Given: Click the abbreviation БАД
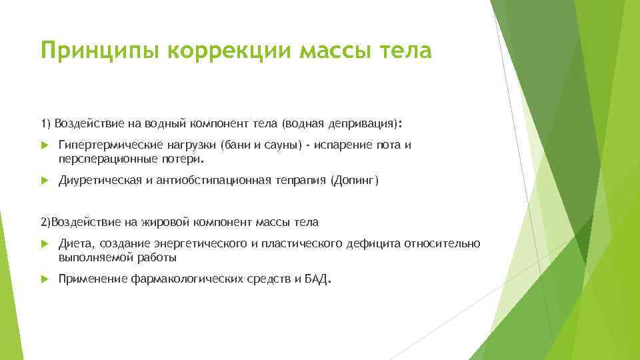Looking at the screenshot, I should pos(316,279).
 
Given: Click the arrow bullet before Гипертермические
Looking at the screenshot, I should pos(45,145).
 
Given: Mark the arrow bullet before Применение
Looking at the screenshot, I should pos(45,280).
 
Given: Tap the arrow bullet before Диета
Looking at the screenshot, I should pos(45,244).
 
